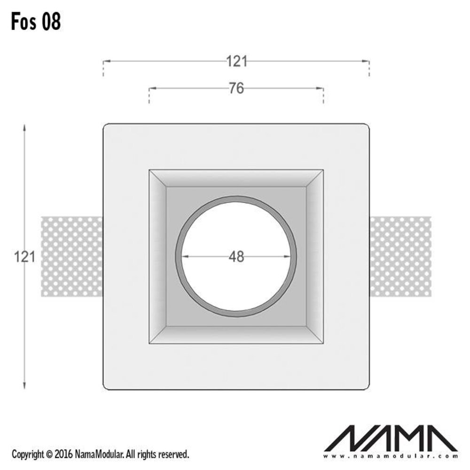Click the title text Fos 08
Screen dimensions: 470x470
[x=36, y=22]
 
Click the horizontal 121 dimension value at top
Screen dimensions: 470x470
[x=236, y=61]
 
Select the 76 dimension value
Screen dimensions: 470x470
[x=236, y=88]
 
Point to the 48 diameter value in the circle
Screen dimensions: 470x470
[x=236, y=257]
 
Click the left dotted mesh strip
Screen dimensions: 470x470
[x=71, y=257]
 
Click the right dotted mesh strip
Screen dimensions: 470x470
[x=400, y=257]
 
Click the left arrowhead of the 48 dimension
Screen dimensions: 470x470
[x=184, y=256]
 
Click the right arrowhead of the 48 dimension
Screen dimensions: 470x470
[x=288, y=256]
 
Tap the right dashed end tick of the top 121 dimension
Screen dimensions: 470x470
[x=369, y=69]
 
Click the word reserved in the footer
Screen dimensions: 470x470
[x=173, y=454]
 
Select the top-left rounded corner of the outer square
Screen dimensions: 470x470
[x=106, y=126]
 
